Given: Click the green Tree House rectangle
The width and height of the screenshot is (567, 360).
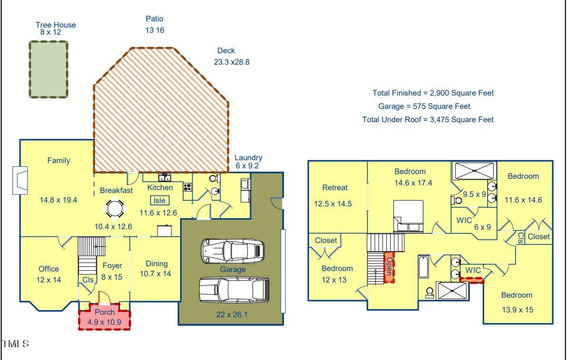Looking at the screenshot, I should click(48, 69).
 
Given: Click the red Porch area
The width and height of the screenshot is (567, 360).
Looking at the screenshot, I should click(104, 318).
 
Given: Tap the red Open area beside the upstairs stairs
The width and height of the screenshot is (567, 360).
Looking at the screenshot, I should click(389, 267).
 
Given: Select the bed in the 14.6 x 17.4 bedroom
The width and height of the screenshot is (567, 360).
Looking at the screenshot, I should click(408, 215).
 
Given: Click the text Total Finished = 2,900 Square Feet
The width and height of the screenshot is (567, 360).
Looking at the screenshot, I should click(433, 93).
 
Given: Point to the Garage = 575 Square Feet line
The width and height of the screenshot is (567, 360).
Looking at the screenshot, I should click(424, 107).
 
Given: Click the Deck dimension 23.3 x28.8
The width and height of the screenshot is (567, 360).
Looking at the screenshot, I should click(232, 62).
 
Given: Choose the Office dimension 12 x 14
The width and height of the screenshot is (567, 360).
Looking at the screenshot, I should click(49, 280).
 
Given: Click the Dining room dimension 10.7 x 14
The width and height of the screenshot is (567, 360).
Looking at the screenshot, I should click(155, 274).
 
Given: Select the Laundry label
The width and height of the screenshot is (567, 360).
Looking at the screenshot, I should click(248, 158).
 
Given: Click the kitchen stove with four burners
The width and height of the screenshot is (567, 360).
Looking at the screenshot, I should click(187, 187).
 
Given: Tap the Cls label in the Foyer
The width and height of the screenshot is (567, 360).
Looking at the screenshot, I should click(88, 280).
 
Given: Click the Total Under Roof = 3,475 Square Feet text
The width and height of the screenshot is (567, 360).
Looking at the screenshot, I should click(428, 120).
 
